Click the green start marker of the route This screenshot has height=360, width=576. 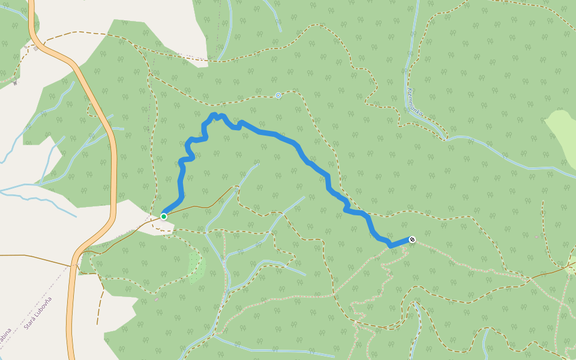pos(163,216)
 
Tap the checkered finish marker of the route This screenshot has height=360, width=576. pos(412,240)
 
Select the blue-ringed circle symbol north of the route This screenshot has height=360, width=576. pos(278,95)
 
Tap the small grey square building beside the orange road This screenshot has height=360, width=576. pos(36,49)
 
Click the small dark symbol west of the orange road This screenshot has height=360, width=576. pos(15,81)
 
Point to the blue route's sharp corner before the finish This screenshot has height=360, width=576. pos(391,245)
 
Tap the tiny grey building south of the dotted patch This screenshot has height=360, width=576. pos(157,298)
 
